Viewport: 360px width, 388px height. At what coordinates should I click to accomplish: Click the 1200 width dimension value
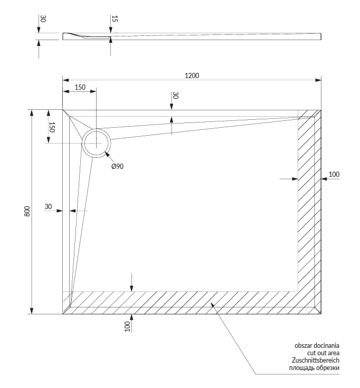pyautogui.click(x=192, y=75)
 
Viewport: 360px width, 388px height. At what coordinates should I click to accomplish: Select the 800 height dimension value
pyautogui.click(x=27, y=211)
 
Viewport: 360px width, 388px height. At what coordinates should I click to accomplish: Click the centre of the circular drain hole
pyautogui.click(x=96, y=143)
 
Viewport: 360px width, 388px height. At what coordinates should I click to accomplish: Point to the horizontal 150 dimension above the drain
pyautogui.click(x=80, y=87)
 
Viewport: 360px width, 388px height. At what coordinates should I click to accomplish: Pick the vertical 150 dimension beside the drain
pyautogui.click(x=52, y=127)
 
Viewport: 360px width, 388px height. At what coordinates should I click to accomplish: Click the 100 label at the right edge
pyautogui.click(x=334, y=174)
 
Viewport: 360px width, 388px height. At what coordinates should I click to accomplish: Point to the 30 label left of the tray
pyautogui.click(x=49, y=207)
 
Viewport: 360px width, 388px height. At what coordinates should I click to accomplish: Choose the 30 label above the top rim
pyautogui.click(x=175, y=96)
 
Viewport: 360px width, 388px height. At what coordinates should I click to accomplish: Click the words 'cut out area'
pyautogui.click(x=324, y=353)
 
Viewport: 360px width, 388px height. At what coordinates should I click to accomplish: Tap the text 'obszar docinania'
pyautogui.click(x=317, y=345)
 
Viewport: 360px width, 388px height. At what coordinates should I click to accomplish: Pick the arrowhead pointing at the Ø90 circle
pyautogui.click(x=107, y=155)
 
